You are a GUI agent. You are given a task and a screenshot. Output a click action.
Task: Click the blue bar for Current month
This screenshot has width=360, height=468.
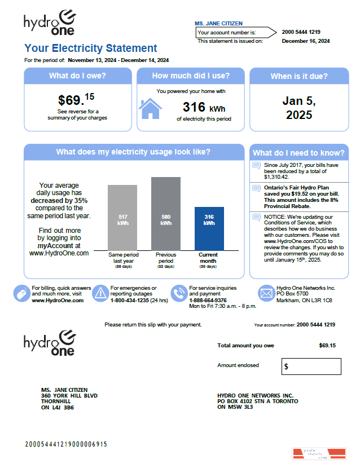tap(209, 228)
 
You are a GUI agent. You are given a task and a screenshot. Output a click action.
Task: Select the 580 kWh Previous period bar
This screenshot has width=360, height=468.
tap(166, 214)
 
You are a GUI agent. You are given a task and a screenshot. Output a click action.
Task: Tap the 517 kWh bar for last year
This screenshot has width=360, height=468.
tap(122, 218)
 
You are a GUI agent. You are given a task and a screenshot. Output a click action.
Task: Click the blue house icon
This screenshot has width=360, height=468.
tap(150, 109)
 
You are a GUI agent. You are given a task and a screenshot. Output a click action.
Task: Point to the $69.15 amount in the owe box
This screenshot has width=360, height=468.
tap(76, 100)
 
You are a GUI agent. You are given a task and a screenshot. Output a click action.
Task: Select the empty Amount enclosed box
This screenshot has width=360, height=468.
tap(311, 367)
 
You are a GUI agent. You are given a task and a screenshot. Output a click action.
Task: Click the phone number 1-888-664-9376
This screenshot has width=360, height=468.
tap(208, 301)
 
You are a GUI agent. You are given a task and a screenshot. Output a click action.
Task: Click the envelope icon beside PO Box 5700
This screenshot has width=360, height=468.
tap(266, 293)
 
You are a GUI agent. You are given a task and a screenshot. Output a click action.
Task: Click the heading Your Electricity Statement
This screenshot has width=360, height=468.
tap(91, 48)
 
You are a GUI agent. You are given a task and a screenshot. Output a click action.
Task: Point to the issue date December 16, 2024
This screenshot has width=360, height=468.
tap(305, 41)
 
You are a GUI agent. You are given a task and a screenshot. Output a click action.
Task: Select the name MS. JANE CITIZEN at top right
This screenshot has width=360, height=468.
tap(218, 24)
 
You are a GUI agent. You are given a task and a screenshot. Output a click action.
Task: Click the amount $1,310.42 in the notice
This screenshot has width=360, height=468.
tap(277, 177)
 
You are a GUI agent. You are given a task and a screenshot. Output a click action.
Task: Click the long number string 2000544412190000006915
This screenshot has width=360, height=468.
tap(65, 444)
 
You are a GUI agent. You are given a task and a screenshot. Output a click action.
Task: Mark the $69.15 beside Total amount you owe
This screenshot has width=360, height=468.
tap(327, 345)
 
